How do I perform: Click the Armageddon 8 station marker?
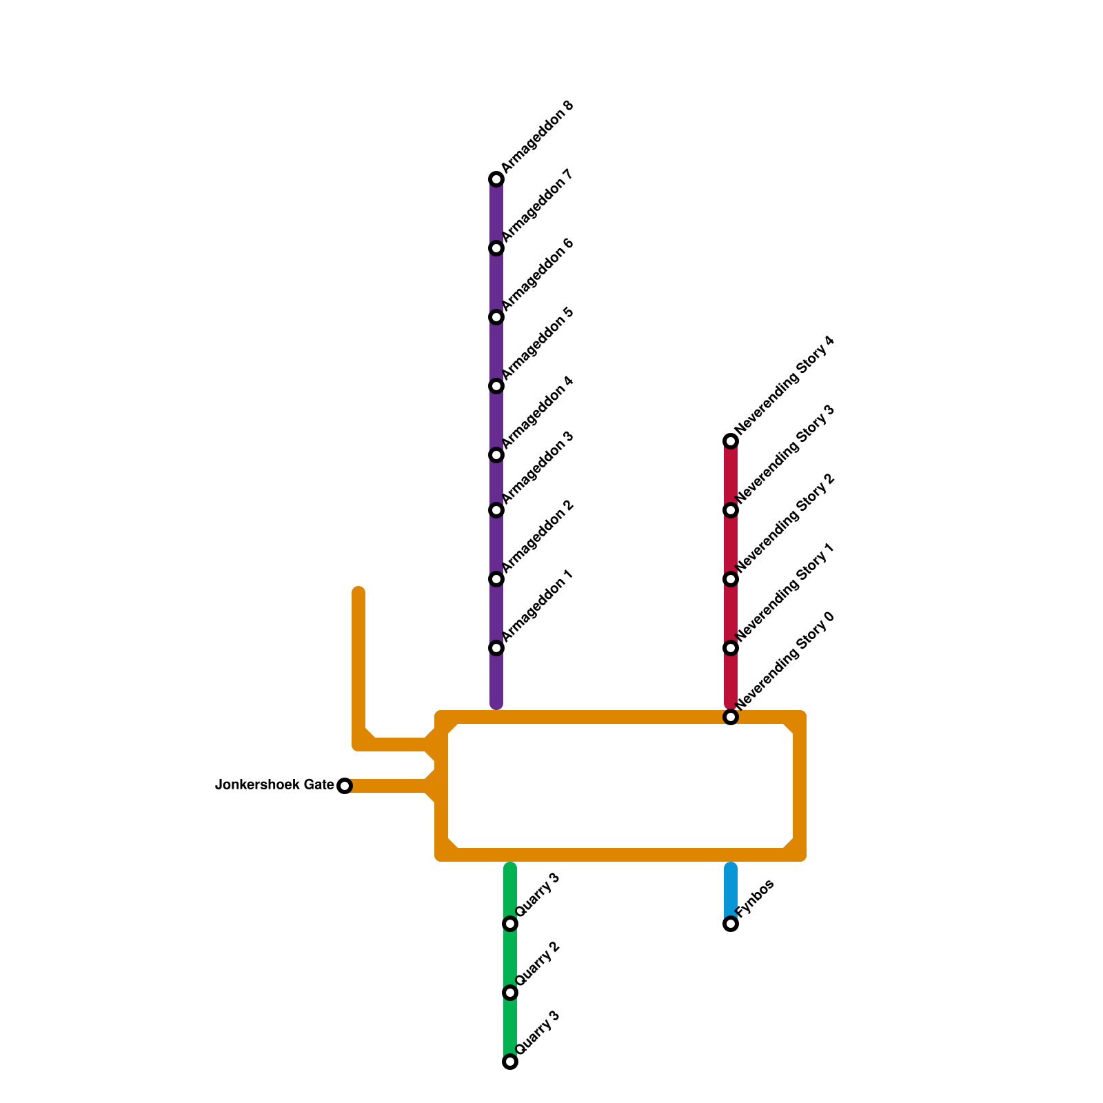(x=496, y=179)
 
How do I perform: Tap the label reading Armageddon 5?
(x=538, y=344)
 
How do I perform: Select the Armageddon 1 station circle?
(x=496, y=648)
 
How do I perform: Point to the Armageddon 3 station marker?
(x=496, y=510)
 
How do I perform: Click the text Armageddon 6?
(x=538, y=275)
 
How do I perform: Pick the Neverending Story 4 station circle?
(x=731, y=441)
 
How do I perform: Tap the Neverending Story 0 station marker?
(x=731, y=718)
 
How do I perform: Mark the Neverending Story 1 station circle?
(x=731, y=648)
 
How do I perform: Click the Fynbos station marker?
(x=731, y=924)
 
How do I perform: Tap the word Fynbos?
(x=755, y=898)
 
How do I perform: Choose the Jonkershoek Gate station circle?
(x=345, y=786)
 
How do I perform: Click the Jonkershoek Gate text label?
(x=274, y=785)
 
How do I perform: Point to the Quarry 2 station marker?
(x=510, y=993)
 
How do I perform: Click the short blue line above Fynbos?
(x=731, y=889)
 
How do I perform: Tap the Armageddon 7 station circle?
(x=496, y=248)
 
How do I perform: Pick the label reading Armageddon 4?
(x=538, y=413)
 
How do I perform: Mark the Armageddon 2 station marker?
(x=496, y=579)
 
